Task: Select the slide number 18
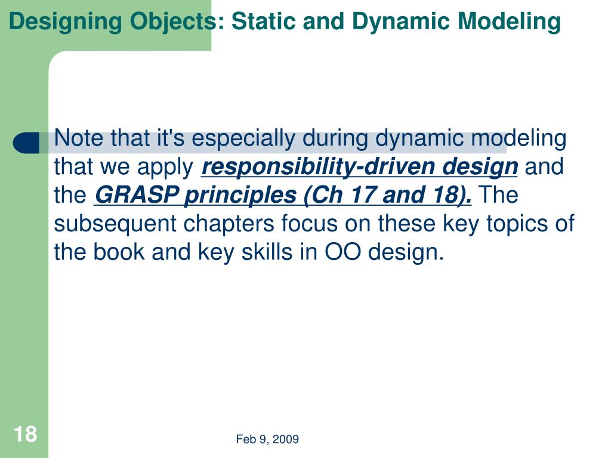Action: (x=25, y=434)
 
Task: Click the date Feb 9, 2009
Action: (x=267, y=440)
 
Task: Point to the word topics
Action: (x=519, y=224)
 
